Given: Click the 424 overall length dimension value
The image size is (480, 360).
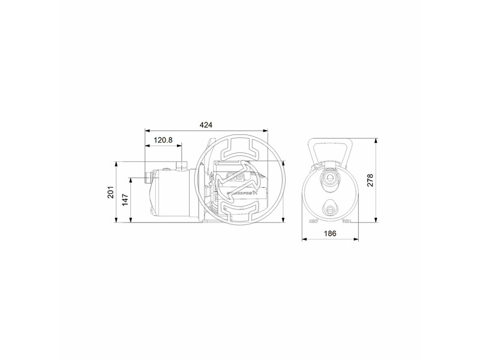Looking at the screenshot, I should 207,125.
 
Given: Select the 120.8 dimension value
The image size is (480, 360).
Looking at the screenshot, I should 163,140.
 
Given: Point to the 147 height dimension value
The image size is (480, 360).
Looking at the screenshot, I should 125,200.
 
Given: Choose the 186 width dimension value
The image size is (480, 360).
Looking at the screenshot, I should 330,233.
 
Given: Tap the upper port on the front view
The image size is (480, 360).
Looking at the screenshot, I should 330,178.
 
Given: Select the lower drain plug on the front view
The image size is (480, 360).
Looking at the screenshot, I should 330,209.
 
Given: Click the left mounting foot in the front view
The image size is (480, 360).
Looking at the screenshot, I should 312,221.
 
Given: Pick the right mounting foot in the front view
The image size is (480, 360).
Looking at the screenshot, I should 348,221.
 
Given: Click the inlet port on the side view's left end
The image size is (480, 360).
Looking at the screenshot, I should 148,178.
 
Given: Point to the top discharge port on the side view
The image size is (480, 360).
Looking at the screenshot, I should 179,166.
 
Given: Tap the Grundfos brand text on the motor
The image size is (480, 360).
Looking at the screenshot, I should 244,193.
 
